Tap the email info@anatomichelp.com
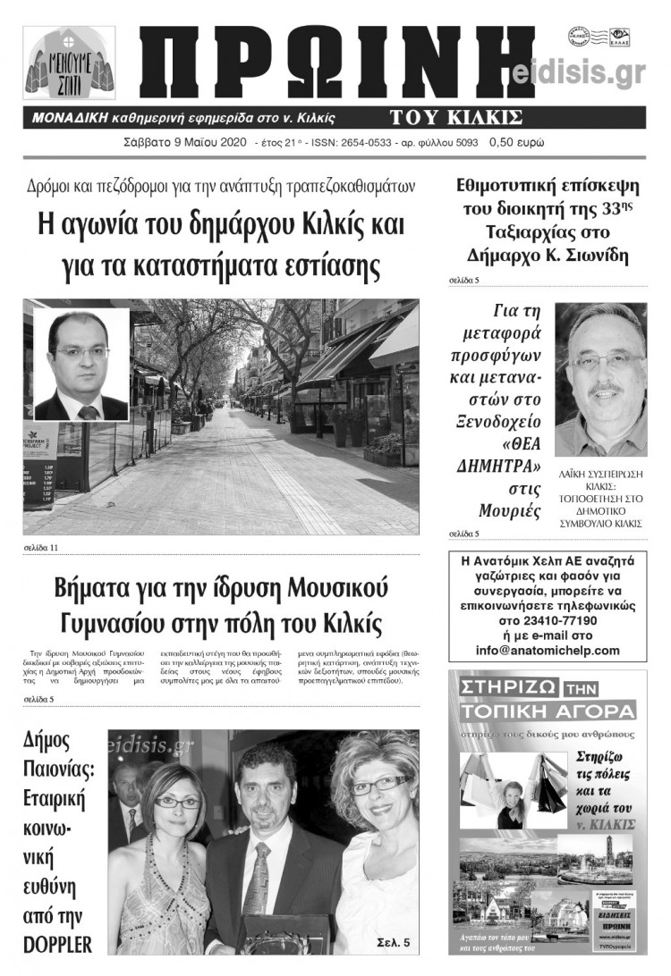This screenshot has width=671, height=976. point(548,650)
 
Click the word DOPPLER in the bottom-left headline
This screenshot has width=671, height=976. point(58,943)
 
